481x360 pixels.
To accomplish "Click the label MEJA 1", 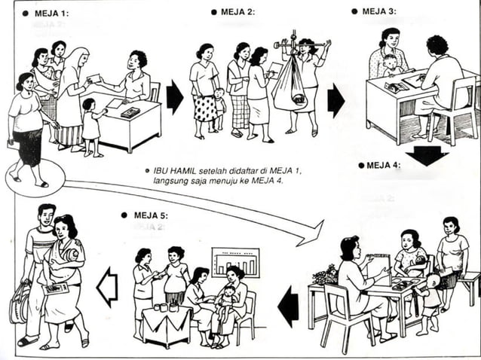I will (50, 14).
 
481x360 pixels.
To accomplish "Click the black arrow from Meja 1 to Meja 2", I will (174, 96).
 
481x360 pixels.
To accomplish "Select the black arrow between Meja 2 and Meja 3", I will (335, 100).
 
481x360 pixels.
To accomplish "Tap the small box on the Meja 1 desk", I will (130, 112).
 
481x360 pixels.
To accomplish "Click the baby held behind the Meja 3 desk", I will (390, 66).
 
